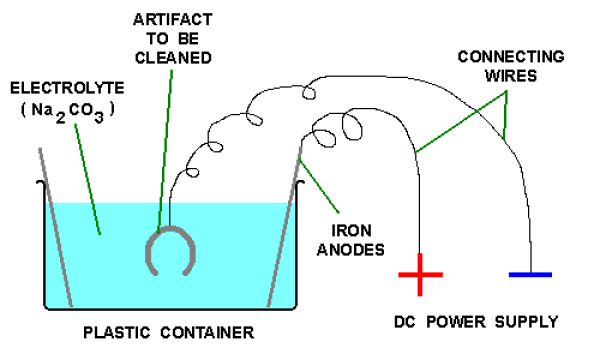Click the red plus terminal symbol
tap(420, 274)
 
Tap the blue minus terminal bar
tap(530, 274)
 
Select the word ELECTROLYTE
tap(67, 88)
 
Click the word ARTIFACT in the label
tap(173, 20)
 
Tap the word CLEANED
tap(173, 58)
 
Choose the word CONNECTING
tap(511, 57)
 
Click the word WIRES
tap(511, 76)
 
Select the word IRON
tap(351, 231)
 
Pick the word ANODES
tap(351, 250)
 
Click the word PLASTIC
tap(117, 332)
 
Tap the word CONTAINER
tap(207, 332)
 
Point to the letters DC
tap(405, 322)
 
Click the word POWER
tap(456, 322)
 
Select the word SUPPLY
tap(527, 322)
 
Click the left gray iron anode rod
tap(55, 227)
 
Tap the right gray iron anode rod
tap(284, 226)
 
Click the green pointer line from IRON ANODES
tap(319, 186)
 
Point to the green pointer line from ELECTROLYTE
tap(88, 179)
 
